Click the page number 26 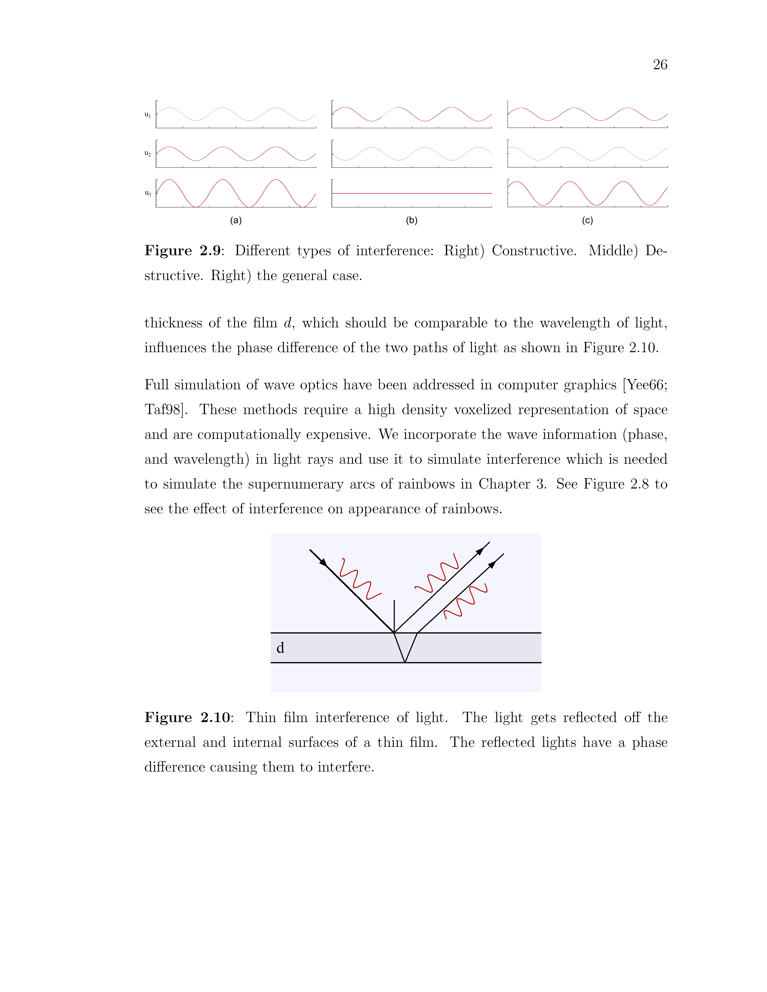click(x=660, y=65)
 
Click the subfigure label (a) click(x=236, y=221)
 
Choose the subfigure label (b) click(x=412, y=221)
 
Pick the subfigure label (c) click(x=588, y=221)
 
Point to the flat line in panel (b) click(x=412, y=193)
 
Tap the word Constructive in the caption click(x=534, y=251)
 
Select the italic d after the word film click(x=287, y=323)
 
